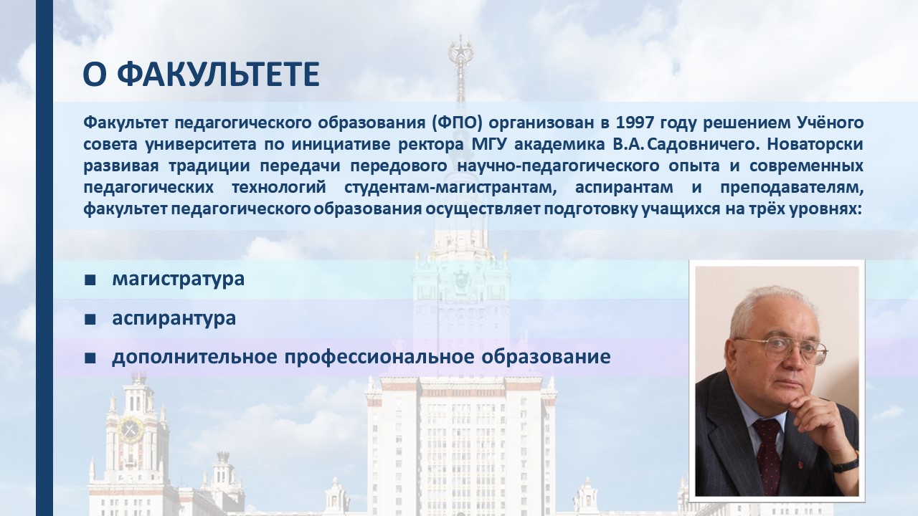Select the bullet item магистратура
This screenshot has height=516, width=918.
tap(179, 279)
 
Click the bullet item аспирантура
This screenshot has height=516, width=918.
tap(174, 319)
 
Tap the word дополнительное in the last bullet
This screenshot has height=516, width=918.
tap(194, 357)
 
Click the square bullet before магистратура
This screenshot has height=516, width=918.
tap(90, 280)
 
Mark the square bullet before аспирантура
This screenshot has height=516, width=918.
tap(90, 320)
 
